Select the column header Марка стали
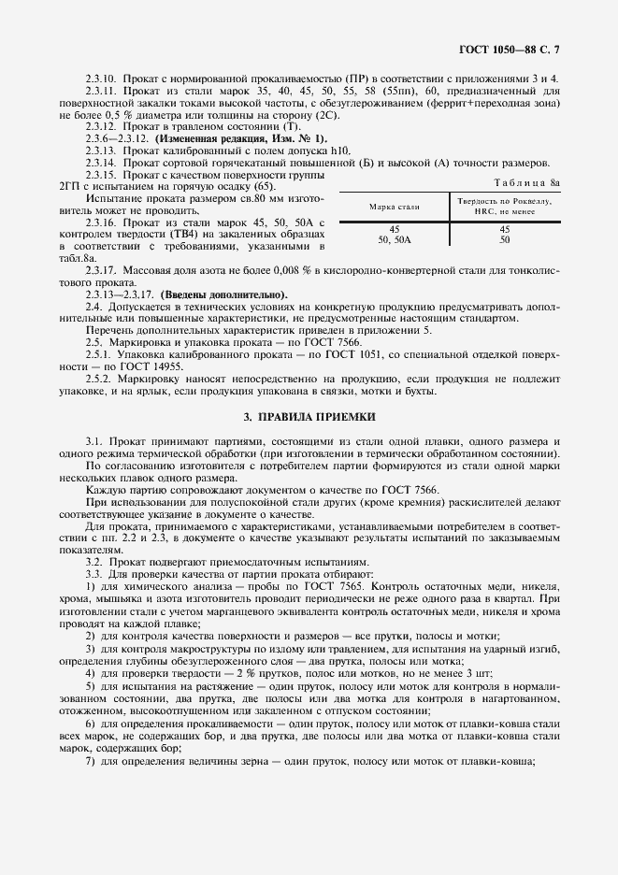[x=394, y=206]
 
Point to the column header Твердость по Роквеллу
[x=504, y=201]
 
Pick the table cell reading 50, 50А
[x=394, y=239]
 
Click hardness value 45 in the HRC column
[x=504, y=228]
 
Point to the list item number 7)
[x=91, y=762]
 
